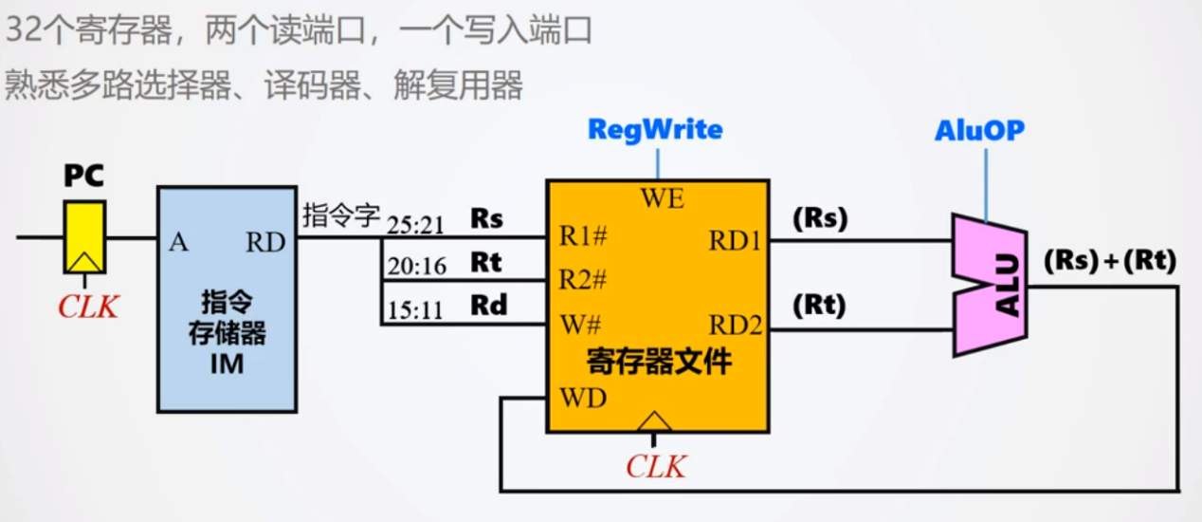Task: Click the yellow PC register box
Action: click(84, 236)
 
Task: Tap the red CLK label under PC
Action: click(88, 308)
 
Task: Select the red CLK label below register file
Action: click(655, 466)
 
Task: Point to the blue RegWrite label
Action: click(655, 130)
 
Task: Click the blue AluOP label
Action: click(979, 130)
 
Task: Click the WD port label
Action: click(583, 399)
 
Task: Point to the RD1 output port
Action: click(736, 241)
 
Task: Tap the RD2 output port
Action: click(736, 326)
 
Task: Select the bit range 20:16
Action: click(415, 267)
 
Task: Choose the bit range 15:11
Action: click(415, 310)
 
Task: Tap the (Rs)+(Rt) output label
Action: click(1109, 261)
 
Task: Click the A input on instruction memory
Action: click(178, 242)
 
